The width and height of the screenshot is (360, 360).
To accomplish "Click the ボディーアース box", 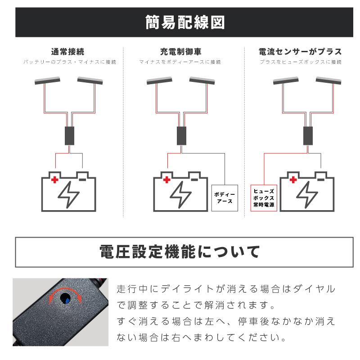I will click(224, 198).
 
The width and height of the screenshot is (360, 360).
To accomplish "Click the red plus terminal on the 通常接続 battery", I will click(55, 180).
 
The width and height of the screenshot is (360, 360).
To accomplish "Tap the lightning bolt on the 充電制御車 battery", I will click(180, 194).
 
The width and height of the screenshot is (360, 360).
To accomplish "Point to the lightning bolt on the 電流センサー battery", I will click(307, 194).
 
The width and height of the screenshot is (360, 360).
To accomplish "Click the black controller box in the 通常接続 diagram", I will click(69, 135).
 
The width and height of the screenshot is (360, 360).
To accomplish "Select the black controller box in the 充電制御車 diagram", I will click(181, 135).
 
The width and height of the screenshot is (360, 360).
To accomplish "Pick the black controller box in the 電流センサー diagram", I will click(308, 135).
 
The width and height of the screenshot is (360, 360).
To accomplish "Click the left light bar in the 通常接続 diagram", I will click(48, 81).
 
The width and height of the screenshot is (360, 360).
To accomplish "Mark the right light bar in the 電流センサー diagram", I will click(329, 81).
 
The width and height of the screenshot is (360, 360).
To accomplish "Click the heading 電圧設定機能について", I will click(180, 252).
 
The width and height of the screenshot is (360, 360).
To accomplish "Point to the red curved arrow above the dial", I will click(66, 292).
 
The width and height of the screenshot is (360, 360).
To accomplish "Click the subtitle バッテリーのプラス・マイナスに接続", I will click(69, 62).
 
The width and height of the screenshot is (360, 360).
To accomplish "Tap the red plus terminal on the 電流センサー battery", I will click(294, 180).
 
